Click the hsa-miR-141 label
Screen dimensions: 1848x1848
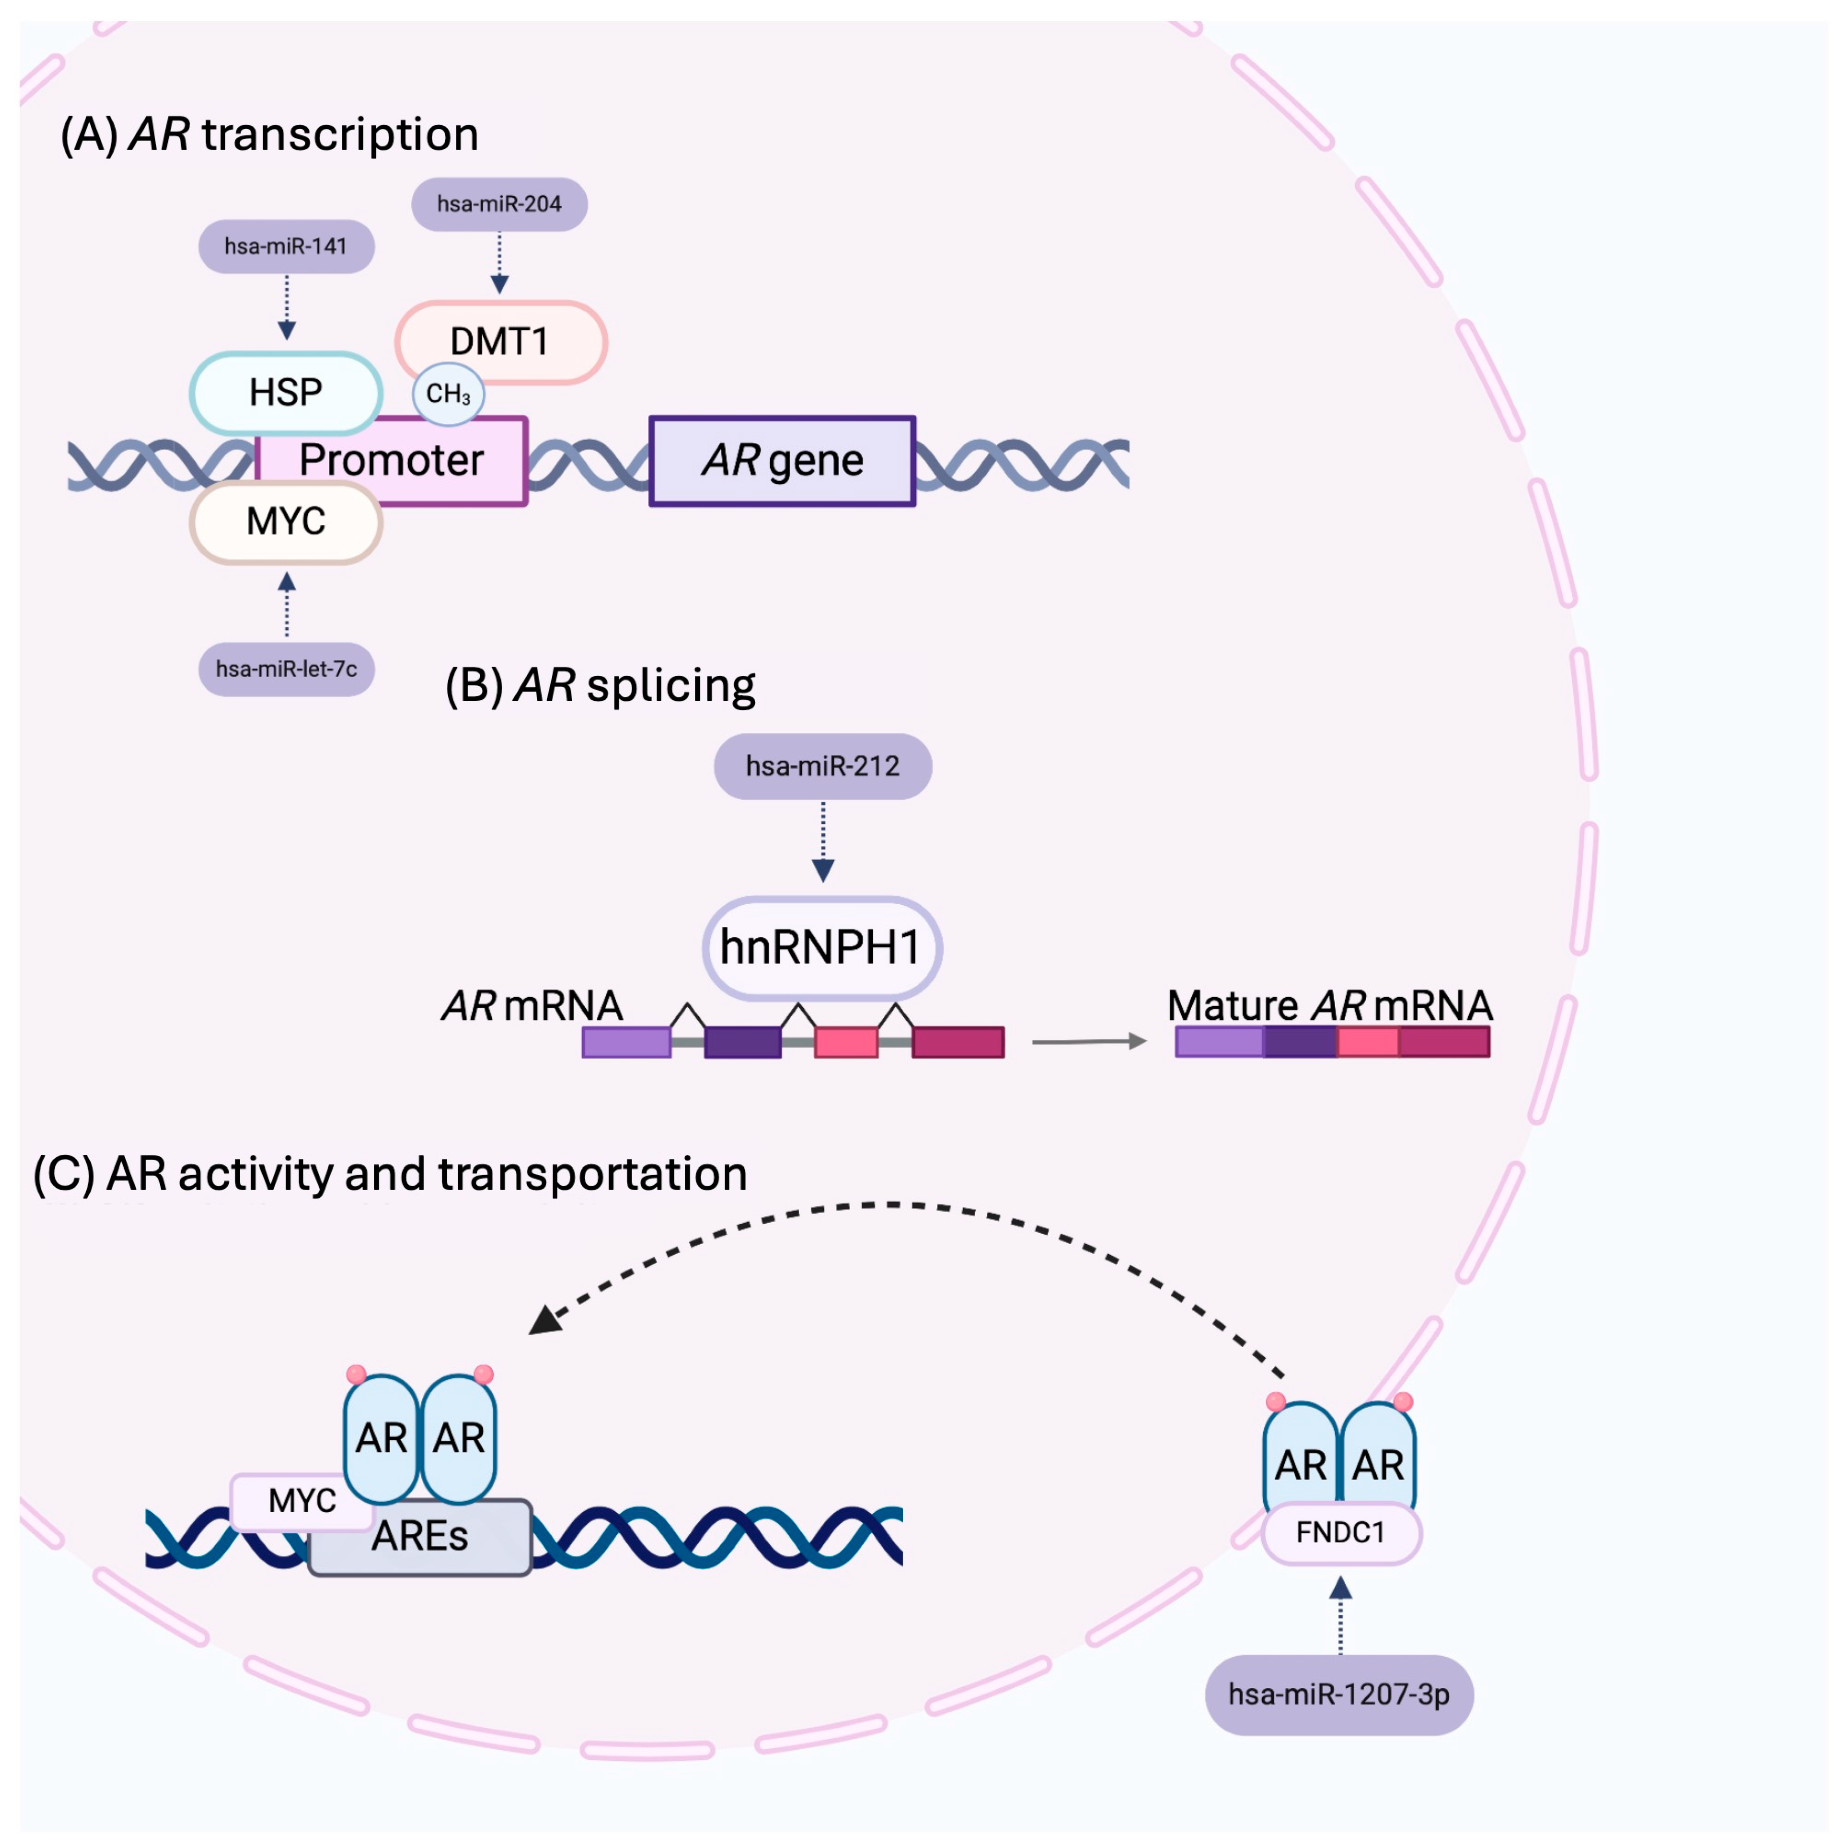[286, 247]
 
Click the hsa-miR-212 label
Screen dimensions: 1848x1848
[823, 766]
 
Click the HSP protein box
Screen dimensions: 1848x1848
[286, 392]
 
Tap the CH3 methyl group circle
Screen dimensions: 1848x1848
[448, 393]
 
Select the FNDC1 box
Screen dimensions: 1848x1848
[1341, 1533]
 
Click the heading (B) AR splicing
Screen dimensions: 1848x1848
[600, 685]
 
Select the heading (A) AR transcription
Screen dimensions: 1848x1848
[270, 134]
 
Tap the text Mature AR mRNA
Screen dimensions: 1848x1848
[1330, 1005]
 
